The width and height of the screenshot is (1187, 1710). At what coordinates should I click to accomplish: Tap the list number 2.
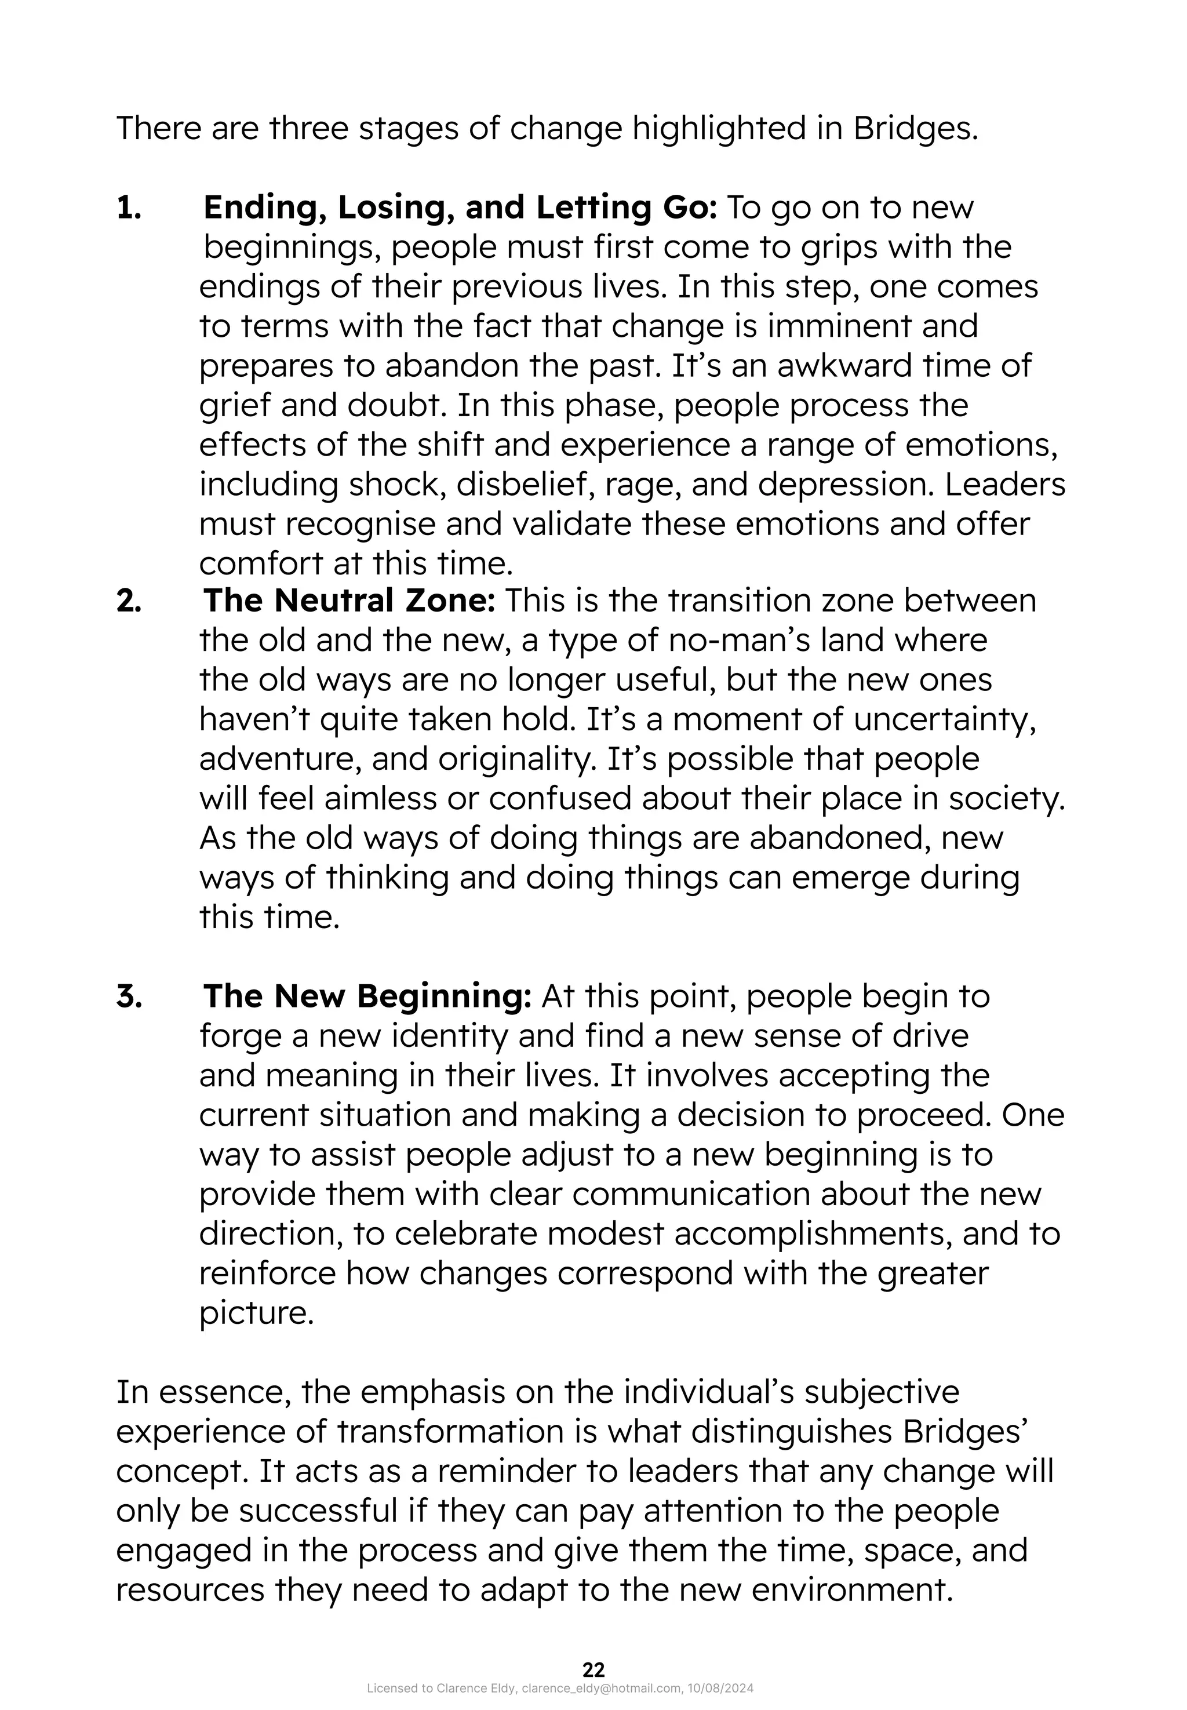pos(129,601)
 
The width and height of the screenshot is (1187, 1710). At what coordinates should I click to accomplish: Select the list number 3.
pos(129,996)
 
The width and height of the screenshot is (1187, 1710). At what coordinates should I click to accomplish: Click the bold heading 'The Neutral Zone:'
pos(349,601)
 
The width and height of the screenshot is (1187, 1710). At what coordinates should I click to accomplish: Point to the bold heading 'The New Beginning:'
pos(367,996)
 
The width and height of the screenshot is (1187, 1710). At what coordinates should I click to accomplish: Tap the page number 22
pos(593,1669)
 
